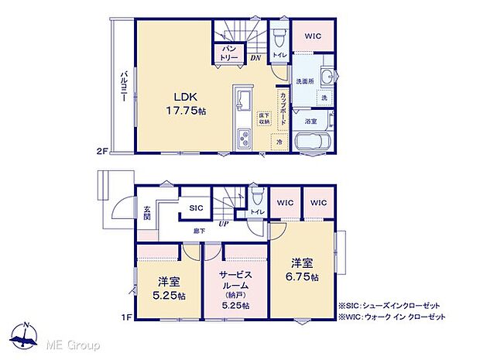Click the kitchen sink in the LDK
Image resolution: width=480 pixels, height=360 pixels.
pyautogui.click(x=242, y=101)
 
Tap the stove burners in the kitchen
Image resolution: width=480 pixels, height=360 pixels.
pyautogui.click(x=243, y=141)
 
